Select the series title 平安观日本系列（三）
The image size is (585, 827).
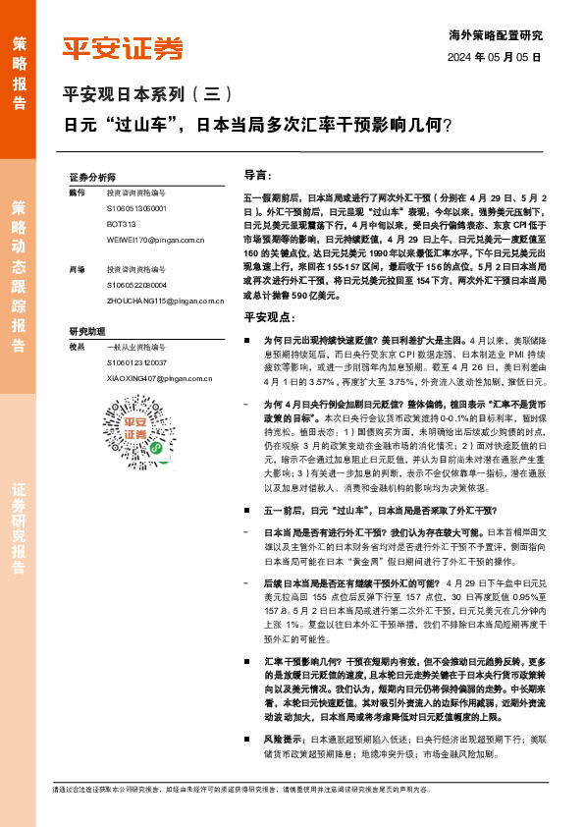coord(147,95)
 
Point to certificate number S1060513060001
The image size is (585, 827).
coord(137,209)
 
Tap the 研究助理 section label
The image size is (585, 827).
coord(85,331)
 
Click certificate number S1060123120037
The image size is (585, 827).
coord(137,361)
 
